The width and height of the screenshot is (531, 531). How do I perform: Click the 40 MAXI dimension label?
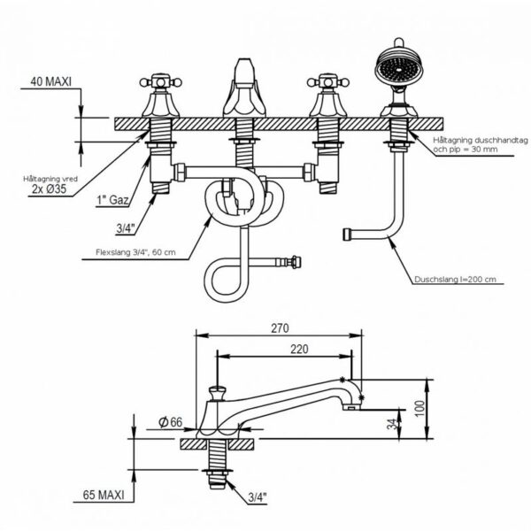[51, 81]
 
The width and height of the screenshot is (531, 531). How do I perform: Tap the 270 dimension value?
[280, 328]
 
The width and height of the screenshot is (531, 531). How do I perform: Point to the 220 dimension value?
[299, 350]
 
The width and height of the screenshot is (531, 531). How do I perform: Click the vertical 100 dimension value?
[419, 409]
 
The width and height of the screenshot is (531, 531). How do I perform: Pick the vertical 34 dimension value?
[392, 424]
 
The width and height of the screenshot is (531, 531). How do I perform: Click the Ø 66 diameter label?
[170, 422]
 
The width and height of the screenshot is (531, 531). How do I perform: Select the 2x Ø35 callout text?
[49, 189]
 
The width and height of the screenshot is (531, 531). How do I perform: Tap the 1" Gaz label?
[112, 200]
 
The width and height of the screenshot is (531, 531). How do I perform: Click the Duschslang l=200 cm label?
[455, 280]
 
